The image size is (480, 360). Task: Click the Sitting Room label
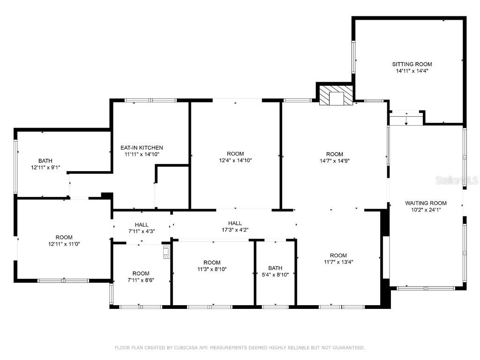(412, 64)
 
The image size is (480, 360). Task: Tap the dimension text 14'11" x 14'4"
(412, 71)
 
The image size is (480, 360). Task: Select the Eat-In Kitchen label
(142, 148)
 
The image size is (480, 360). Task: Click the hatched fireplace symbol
(336, 96)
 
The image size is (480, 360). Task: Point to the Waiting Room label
(426, 203)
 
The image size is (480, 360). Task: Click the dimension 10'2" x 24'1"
(426, 210)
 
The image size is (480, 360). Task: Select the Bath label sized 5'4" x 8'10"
(275, 268)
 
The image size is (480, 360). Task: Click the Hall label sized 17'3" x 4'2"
(235, 223)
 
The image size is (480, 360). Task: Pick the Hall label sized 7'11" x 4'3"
(142, 225)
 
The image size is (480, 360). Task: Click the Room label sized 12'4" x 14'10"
(235, 154)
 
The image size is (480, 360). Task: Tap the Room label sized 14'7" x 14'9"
(335, 154)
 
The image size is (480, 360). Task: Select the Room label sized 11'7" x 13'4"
(337, 255)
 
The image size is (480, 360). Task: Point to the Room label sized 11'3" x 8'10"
(212, 262)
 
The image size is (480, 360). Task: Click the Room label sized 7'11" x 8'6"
(141, 273)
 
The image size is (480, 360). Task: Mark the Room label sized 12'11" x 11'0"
(64, 237)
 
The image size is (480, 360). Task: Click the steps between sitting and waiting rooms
(406, 119)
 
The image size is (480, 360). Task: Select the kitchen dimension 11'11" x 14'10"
(142, 154)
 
